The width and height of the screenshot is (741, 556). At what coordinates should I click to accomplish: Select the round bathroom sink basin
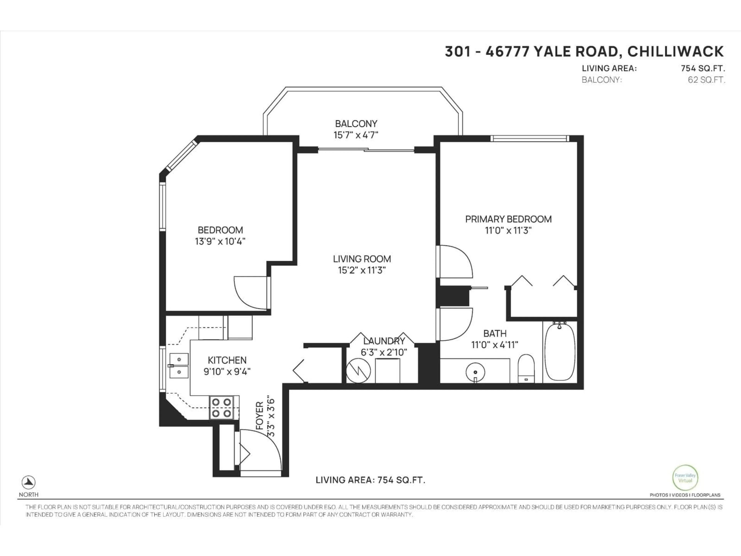pyautogui.click(x=475, y=372)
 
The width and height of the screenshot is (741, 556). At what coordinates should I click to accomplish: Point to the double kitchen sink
pyautogui.click(x=179, y=365)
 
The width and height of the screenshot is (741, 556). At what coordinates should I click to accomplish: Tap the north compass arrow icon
pyautogui.click(x=29, y=482)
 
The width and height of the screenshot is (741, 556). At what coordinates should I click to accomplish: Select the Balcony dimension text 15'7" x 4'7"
pyautogui.click(x=356, y=135)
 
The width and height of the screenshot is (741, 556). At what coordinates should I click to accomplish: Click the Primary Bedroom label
pyautogui.click(x=508, y=219)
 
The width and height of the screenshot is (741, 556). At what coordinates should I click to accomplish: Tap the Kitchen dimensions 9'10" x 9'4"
pyautogui.click(x=227, y=372)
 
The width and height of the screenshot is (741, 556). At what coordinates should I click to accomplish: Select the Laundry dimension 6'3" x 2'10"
pyautogui.click(x=384, y=352)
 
